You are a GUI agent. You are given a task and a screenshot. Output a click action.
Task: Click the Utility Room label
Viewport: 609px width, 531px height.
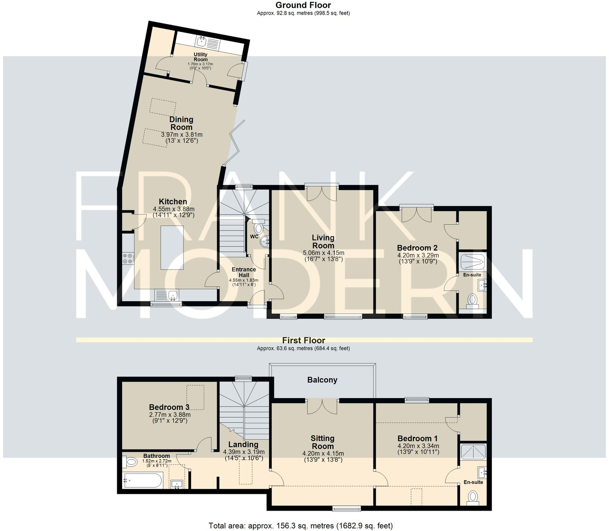pos(200,57)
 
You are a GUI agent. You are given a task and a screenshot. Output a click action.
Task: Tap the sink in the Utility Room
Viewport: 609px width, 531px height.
pos(201,40)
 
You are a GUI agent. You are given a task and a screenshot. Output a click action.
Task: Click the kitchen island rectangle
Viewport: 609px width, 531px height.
pos(172,247)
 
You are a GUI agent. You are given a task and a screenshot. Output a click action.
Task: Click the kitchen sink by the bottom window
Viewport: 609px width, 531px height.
pos(173,295)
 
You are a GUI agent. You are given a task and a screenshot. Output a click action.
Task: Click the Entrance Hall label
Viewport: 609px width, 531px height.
pos(243,272)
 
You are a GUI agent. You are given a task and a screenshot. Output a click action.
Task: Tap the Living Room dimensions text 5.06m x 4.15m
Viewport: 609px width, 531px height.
pos(323,253)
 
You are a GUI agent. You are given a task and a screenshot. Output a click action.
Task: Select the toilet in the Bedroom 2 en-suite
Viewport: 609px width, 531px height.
pos(472,300)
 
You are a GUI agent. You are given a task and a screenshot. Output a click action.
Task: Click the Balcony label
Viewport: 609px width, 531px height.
pos(322,380)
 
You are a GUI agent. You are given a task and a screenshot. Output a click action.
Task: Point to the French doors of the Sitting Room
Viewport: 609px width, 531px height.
pos(322,407)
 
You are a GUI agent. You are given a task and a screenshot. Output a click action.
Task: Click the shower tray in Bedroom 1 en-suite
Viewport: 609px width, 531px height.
pos(473,451)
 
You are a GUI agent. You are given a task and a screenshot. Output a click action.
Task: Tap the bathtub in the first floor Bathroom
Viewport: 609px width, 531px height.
pos(143,481)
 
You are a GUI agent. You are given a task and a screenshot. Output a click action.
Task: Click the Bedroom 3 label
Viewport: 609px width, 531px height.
pos(169,407)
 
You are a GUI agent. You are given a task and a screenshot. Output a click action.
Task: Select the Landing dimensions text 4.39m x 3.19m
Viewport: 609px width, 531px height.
pos(243,452)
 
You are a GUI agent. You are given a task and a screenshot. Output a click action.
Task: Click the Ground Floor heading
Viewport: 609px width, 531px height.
pos(303,5)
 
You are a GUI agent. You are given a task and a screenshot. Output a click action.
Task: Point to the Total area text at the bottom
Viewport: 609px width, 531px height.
pos(300,526)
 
